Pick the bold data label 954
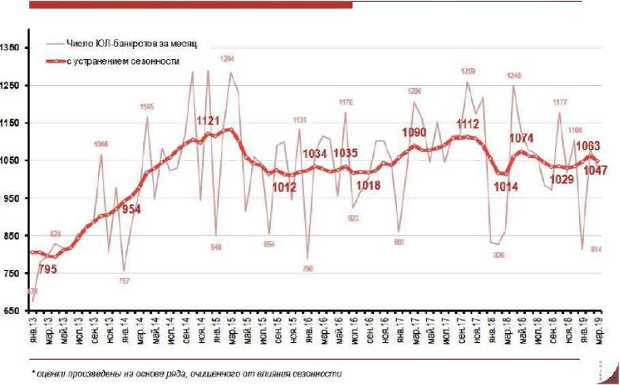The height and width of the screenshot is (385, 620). tap(131, 209)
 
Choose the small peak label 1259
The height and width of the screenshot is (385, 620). tap(467, 71)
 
